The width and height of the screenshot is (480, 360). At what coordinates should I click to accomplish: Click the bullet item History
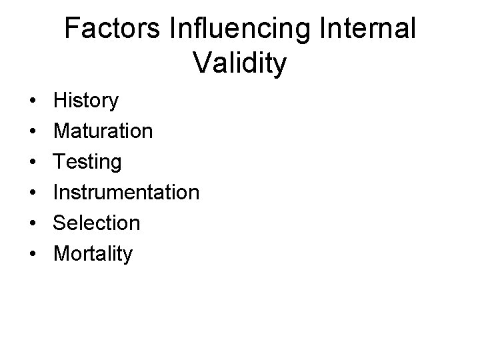(86, 101)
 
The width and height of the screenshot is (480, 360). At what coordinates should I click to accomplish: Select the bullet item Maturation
(103, 131)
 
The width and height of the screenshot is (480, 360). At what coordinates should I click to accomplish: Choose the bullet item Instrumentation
(126, 193)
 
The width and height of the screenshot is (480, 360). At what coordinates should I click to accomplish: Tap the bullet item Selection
(97, 223)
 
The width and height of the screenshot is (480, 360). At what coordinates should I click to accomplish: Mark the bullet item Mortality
(93, 254)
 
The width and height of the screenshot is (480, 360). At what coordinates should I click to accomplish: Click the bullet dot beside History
(32, 102)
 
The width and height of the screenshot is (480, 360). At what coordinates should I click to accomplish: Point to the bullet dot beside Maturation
(32, 132)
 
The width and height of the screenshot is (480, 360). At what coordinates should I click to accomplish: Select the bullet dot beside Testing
(32, 163)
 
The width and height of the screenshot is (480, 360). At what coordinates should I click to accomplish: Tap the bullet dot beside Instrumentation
(32, 193)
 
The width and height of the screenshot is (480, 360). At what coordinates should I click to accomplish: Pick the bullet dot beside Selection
(32, 224)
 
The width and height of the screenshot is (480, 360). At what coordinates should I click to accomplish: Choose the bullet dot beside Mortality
(32, 255)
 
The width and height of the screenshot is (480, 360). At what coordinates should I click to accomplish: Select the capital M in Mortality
(62, 254)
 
